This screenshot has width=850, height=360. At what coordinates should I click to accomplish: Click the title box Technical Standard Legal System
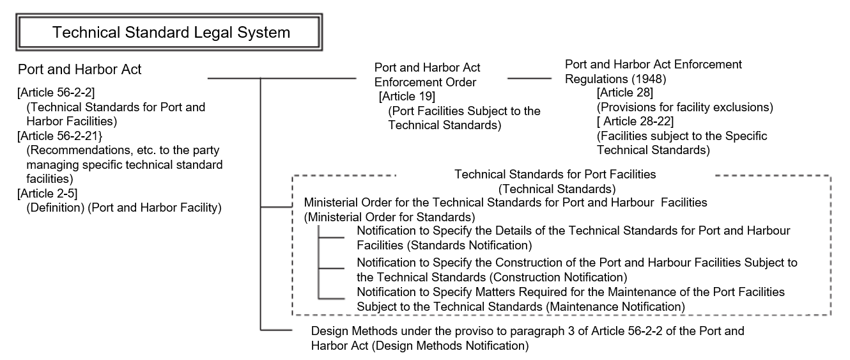[x=171, y=33]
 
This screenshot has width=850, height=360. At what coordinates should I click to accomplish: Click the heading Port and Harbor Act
[x=80, y=69]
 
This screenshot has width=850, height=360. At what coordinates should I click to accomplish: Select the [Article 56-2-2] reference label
[x=56, y=93]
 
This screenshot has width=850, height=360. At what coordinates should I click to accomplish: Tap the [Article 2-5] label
[x=47, y=194]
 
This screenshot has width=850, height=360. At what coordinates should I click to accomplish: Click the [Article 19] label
[x=407, y=97]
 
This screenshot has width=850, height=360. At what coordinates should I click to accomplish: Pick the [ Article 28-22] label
[x=635, y=121]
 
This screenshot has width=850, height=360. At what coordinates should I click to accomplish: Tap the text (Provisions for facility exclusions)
[x=684, y=107]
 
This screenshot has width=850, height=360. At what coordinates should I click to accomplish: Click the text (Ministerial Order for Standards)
[x=389, y=216]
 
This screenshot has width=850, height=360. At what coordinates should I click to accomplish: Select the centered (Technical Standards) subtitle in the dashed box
[x=557, y=189]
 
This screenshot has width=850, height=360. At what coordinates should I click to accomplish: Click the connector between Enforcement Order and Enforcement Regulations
[x=529, y=79]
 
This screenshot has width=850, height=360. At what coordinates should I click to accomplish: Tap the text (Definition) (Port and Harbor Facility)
[x=124, y=208]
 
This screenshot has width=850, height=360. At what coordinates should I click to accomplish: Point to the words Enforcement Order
[x=425, y=82]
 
